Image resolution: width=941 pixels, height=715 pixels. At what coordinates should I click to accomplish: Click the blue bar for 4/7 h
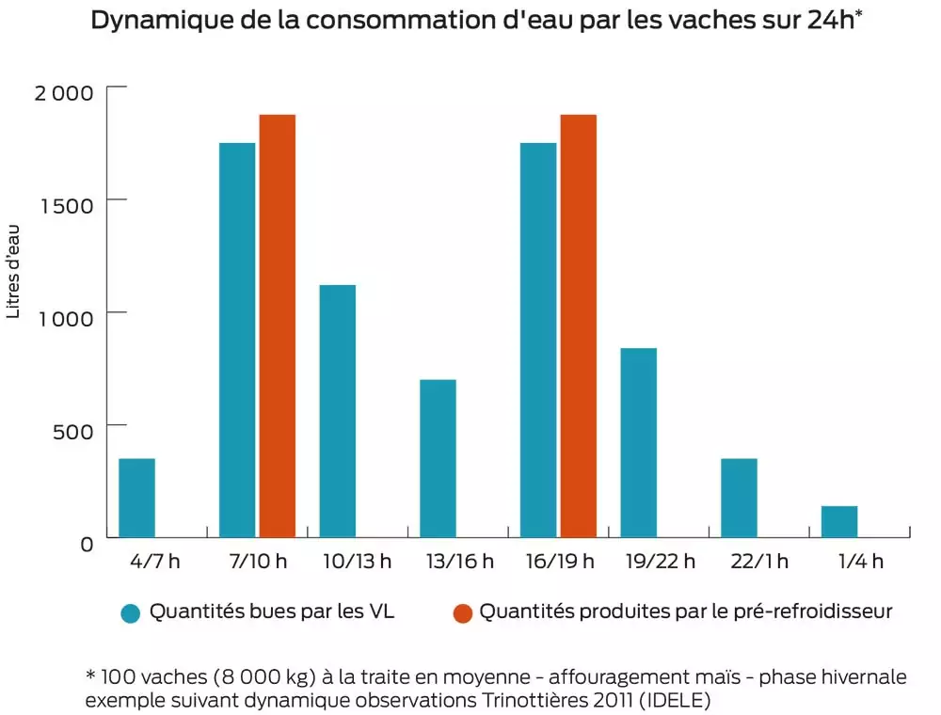137,499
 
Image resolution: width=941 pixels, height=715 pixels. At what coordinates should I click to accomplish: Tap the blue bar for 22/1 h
739,499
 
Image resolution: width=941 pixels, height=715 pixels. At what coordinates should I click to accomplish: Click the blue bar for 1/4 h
839,522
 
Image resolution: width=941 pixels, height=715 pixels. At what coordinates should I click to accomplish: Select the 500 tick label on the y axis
73,430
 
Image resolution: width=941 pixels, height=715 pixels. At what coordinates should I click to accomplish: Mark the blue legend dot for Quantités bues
131,613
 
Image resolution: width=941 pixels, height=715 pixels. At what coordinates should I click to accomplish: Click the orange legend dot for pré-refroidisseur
462,613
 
